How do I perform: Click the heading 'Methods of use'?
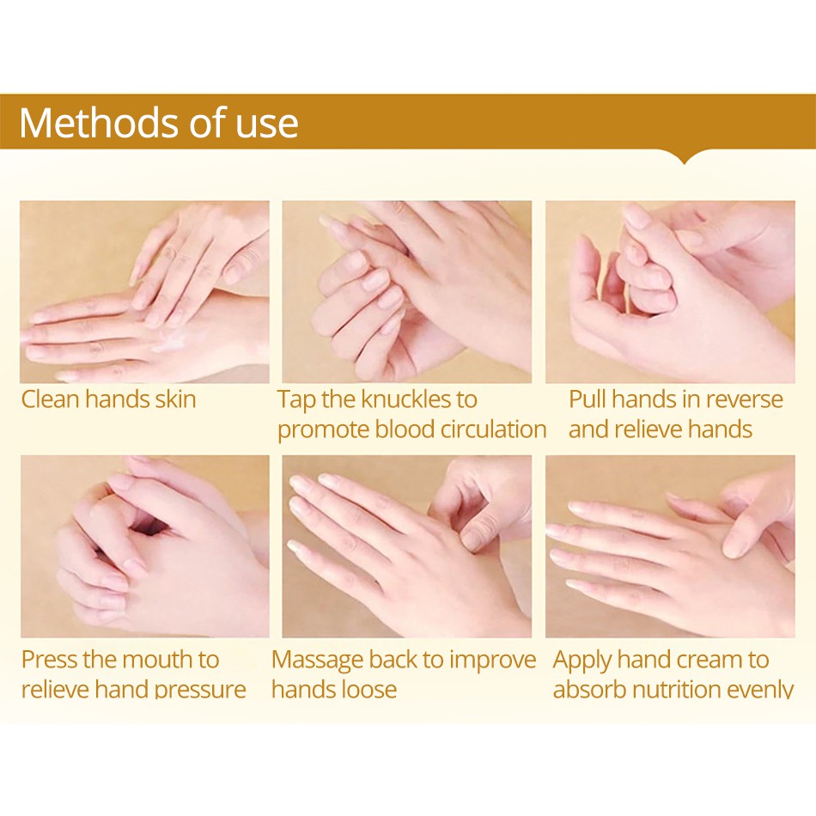pos(159,123)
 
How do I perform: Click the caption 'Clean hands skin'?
pos(109,399)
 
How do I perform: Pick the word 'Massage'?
pos(317,660)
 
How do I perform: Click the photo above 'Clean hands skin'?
pos(144,292)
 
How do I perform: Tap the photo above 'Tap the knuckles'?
pos(407,292)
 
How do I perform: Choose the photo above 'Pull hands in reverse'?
pos(670,292)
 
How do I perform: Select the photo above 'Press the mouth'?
pos(144,546)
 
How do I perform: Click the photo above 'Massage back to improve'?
pos(407,546)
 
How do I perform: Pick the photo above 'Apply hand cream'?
pos(670,546)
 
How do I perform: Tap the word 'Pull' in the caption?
pos(588,399)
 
